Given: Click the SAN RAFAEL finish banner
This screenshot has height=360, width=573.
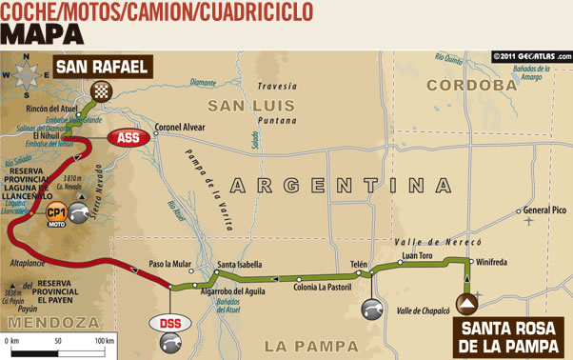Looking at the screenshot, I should click(102, 68).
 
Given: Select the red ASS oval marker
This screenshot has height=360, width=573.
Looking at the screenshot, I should click(126, 137).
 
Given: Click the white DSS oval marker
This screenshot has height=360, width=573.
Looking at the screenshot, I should click(167, 324).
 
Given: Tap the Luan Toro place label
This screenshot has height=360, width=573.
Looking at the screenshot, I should click(418, 255).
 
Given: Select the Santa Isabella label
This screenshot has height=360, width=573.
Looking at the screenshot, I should click(240, 265).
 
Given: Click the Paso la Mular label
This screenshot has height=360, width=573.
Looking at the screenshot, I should click(170, 264).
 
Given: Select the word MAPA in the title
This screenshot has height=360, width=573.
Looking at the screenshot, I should click(42, 33).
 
